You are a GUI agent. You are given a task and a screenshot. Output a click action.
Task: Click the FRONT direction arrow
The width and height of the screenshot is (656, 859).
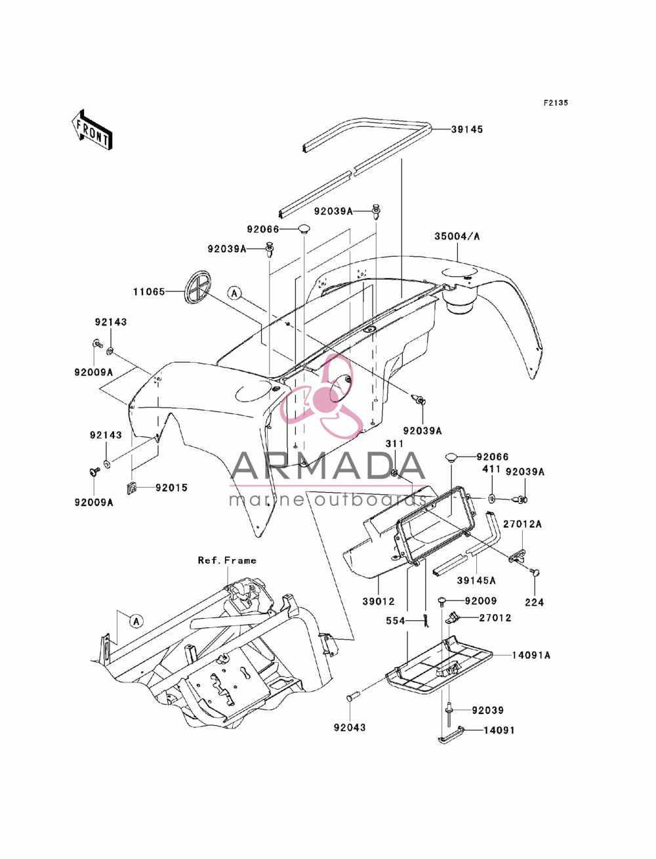point(92,129)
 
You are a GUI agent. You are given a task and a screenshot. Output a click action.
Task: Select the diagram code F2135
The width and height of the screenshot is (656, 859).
point(556,103)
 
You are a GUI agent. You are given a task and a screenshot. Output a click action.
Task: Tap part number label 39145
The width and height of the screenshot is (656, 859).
point(467,129)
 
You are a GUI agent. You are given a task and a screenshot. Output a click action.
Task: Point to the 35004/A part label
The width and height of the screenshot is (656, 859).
point(457,236)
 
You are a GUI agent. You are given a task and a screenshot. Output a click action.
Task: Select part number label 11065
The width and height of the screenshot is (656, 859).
point(149,292)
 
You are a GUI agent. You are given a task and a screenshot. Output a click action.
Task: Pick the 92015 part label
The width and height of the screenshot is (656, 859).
point(172,488)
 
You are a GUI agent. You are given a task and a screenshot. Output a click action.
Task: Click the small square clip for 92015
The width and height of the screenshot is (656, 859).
point(132,488)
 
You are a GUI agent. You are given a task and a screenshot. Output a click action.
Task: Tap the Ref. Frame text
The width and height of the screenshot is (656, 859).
point(227,560)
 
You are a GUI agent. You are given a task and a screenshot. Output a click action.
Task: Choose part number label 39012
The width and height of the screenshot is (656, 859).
point(379,602)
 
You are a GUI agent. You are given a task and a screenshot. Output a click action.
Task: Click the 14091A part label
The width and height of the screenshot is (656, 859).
point(531,655)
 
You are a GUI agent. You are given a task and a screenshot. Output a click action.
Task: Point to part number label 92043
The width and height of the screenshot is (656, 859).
point(350,728)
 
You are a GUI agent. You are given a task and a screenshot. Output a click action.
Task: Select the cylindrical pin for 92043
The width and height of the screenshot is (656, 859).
point(350,698)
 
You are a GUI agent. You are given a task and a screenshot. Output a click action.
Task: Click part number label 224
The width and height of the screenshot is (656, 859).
point(535,602)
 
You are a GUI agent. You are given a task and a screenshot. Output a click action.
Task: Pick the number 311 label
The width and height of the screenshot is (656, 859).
point(395,444)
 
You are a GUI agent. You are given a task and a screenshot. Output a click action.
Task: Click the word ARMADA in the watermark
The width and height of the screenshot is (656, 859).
point(328,466)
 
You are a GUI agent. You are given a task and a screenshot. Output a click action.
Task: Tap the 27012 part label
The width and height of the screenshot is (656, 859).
point(495,618)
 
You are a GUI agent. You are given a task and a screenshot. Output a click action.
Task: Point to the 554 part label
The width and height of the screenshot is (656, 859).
point(396,621)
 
